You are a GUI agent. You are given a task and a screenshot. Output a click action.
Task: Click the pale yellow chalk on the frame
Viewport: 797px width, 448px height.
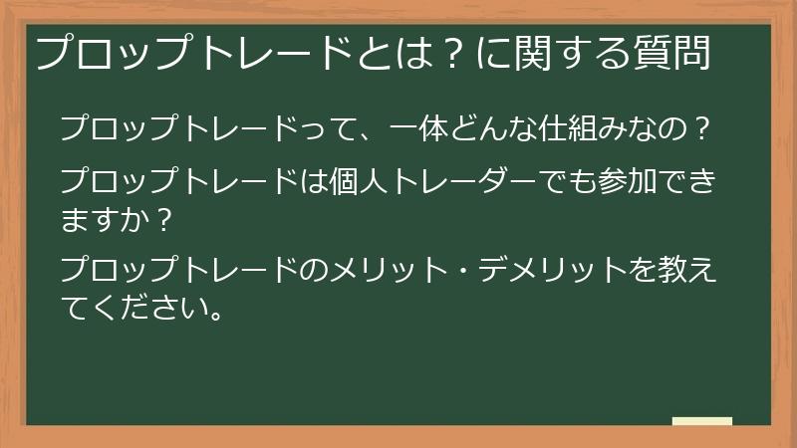click(702, 421)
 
